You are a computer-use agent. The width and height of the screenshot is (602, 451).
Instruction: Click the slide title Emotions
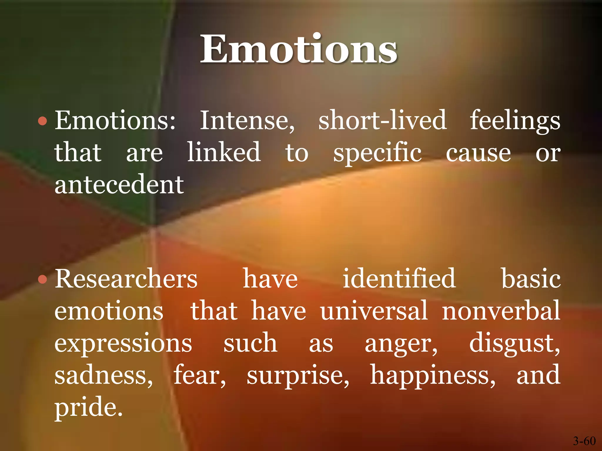299,49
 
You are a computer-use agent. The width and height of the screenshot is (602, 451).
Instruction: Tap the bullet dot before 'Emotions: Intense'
43,121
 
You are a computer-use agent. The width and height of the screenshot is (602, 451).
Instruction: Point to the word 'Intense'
247,120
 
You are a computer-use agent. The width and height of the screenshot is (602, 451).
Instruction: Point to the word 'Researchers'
126,279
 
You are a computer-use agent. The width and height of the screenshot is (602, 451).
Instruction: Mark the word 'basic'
531,279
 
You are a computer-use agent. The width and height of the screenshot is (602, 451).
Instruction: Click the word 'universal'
374,311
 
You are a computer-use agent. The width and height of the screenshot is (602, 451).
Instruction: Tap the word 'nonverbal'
501,311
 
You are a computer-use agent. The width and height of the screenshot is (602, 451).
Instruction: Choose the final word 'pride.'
88,408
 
